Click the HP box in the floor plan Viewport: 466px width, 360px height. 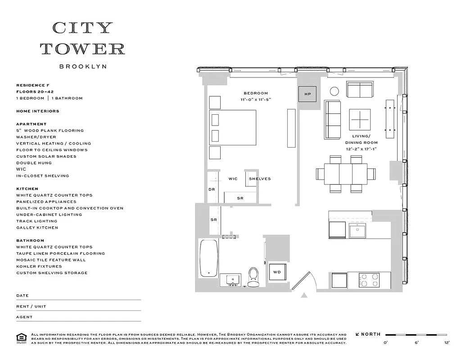click(308, 94)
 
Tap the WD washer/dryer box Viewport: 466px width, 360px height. click(277, 272)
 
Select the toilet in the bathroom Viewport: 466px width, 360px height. click(253, 276)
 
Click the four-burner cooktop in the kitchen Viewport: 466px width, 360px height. click(369, 280)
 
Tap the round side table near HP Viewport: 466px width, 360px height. click(335, 91)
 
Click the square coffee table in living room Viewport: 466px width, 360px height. click(360, 120)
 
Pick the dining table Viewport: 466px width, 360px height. click(346, 173)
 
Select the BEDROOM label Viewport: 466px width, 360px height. click(256, 93)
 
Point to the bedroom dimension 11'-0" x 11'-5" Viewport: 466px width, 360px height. click(256, 99)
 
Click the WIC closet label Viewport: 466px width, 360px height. click(233, 179)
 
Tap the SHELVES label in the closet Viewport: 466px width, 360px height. click(260, 179)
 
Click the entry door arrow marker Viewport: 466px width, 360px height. click(304, 295)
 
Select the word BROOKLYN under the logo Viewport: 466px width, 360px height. click(83, 66)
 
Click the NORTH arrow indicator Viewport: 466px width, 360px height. click(368, 334)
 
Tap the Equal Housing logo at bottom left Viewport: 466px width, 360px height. click(21, 338)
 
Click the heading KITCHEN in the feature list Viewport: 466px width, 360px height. click(27, 189)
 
